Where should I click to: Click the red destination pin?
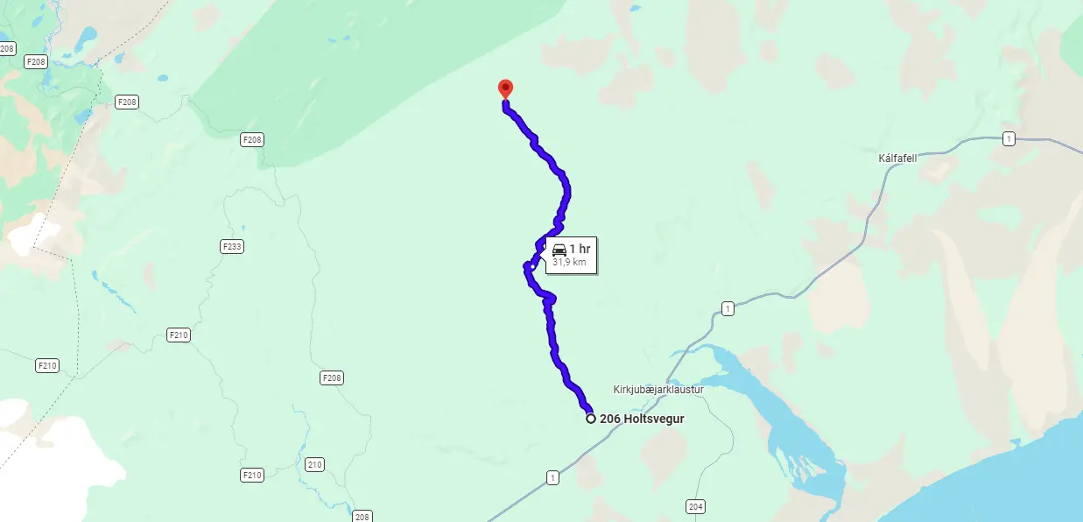505,88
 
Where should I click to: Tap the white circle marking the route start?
591,419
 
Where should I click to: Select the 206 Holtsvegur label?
642,419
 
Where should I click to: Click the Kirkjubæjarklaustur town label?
658,389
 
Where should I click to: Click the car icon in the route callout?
559,250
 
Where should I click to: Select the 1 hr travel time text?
580,250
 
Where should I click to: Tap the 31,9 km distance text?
569,262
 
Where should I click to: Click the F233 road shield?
232,247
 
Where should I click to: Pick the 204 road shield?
696,506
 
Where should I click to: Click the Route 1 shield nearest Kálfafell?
1009,139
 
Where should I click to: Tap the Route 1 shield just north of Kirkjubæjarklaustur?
728,308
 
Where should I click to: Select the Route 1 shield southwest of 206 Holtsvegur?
552,477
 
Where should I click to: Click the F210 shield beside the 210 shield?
252,475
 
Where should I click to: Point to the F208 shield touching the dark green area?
252,139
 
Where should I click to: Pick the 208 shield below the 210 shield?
362,517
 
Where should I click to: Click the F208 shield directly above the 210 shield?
332,378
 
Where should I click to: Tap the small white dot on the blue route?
532,266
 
